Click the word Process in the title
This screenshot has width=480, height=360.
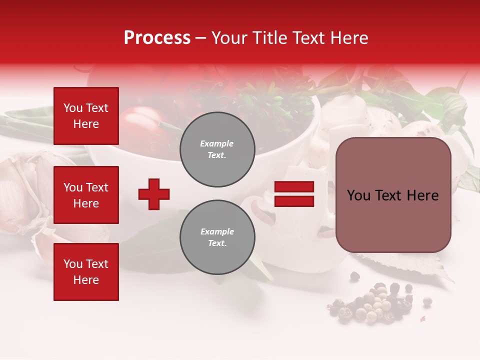(157, 38)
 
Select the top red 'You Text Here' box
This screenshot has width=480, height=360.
(86, 116)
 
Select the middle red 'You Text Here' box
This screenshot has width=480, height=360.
(86, 195)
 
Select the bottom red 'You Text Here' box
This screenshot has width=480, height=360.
(86, 271)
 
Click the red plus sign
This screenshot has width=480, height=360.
(154, 194)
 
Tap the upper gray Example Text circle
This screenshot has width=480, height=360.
(217, 149)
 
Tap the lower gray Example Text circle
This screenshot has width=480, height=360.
(217, 237)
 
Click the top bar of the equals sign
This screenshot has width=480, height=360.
(294, 186)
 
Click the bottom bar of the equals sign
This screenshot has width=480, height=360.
(294, 201)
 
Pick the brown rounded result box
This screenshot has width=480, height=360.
(393, 195)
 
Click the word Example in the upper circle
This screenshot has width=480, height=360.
(217, 143)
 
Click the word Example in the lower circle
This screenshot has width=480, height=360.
(217, 231)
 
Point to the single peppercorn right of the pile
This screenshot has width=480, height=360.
(427, 301)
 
